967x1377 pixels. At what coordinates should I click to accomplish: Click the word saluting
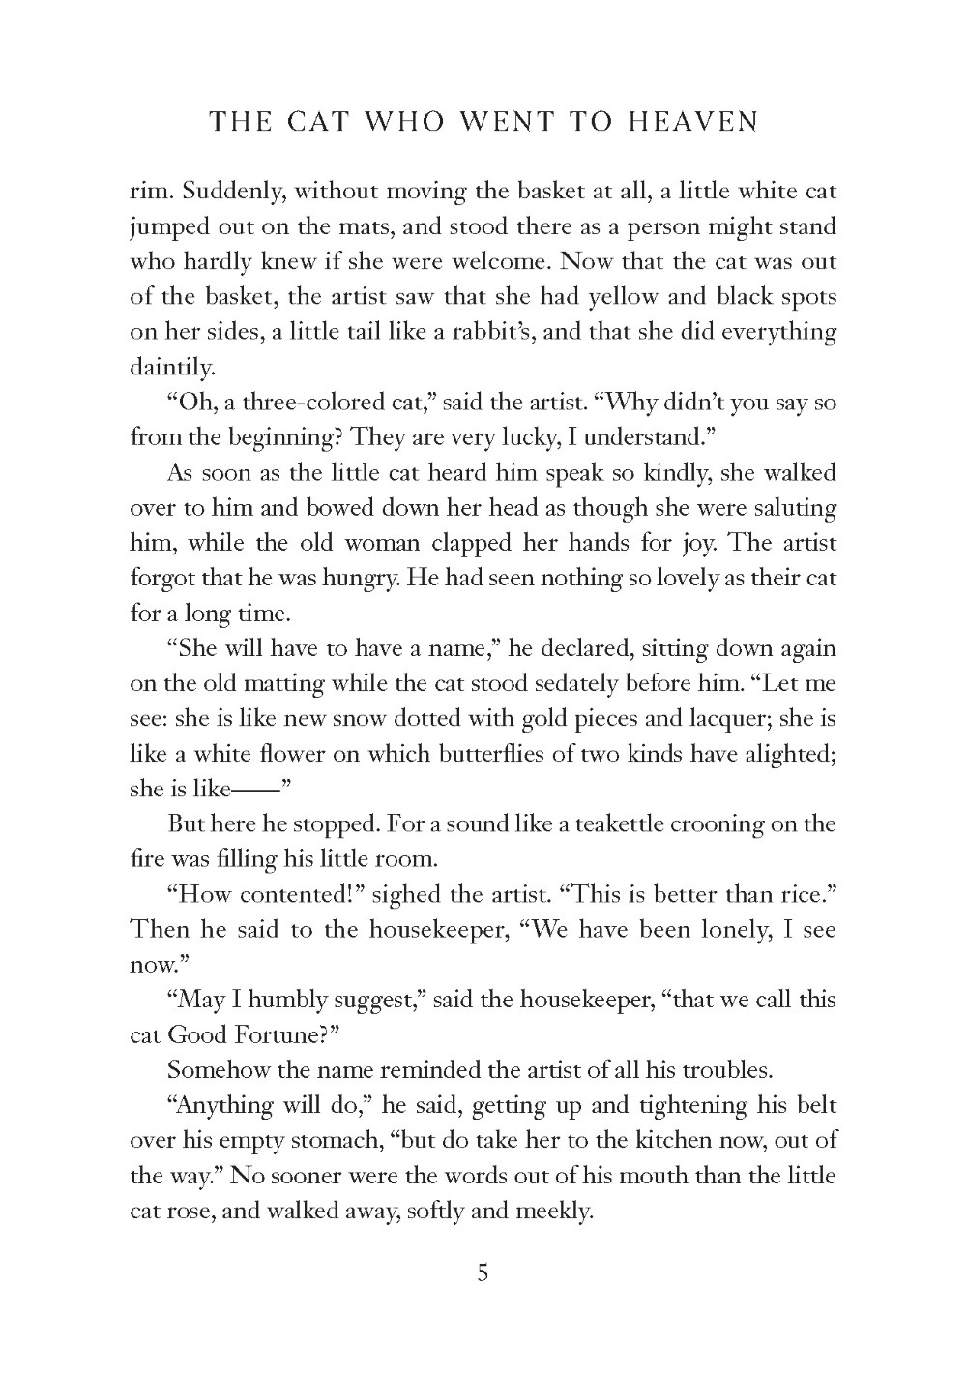(789, 507)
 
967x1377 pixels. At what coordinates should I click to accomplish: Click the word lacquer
(729, 719)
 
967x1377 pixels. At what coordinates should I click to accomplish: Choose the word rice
(803, 894)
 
